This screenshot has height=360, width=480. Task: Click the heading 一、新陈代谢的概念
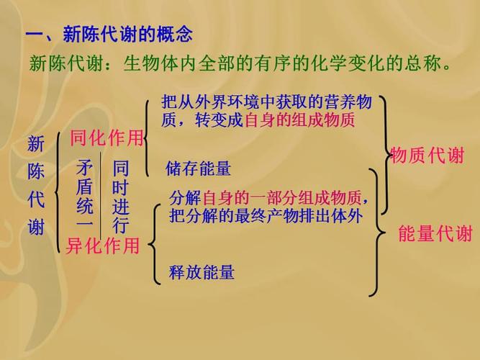[109, 34]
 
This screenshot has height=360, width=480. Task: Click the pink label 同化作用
[107, 138]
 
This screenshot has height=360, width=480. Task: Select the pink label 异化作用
[102, 246]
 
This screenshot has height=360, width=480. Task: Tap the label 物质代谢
[427, 156]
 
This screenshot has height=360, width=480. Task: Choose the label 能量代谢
[435, 233]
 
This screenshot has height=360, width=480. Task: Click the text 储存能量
[198, 169]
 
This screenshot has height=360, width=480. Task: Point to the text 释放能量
[201, 272]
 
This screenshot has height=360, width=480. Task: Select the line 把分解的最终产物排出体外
[266, 215]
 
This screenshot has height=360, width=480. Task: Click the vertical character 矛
[85, 169]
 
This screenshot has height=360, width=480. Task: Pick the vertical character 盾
[85, 188]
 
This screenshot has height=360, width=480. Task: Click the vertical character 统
[85, 207]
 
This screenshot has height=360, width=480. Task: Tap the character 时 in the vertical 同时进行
[120, 188]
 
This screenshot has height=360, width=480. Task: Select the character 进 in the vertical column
[120, 207]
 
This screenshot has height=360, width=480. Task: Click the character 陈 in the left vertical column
[36, 172]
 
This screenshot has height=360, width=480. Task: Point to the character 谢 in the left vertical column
[36, 228]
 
